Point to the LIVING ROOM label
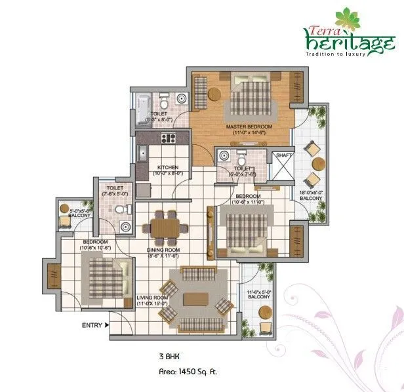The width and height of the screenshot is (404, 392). point(153,300)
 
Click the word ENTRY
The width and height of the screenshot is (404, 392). point(91,324)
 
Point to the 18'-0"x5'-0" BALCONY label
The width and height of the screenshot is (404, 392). point(310,195)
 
